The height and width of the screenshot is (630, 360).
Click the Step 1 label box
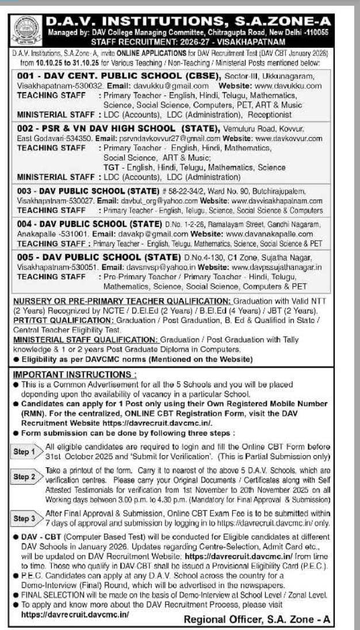point(25,451)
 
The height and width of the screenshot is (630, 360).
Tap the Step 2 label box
point(25,477)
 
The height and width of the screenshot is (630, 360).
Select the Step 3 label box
point(25,518)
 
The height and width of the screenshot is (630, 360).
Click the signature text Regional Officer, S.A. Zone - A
point(258,619)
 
